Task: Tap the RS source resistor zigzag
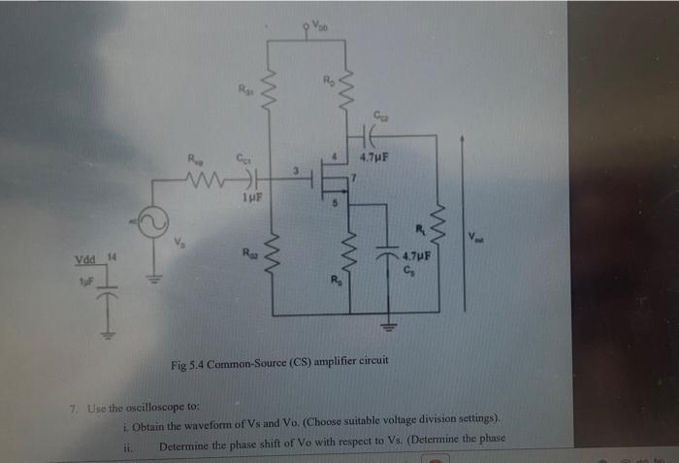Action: tap(349, 257)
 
